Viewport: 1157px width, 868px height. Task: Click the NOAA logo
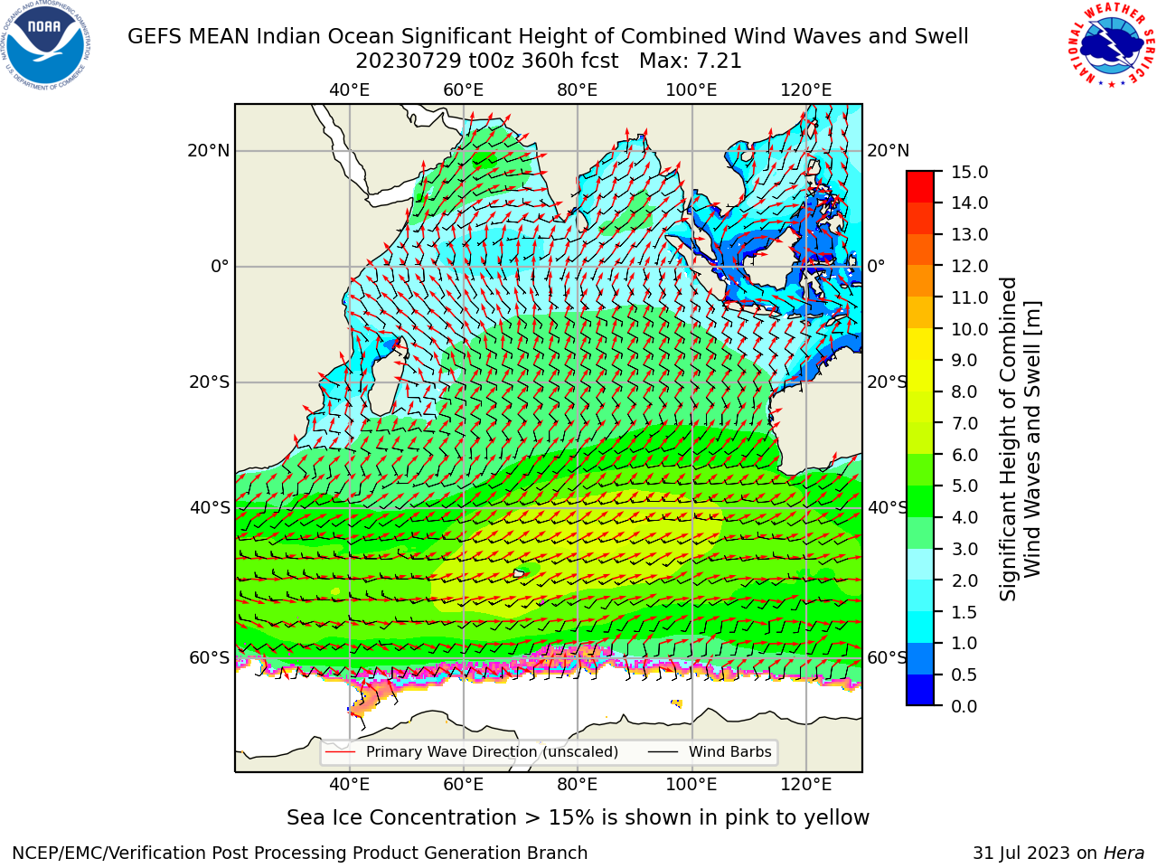coord(46,45)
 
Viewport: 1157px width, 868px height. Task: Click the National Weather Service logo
coord(1112,45)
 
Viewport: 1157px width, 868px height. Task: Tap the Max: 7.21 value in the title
coord(690,61)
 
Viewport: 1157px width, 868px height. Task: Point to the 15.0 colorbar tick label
coord(969,172)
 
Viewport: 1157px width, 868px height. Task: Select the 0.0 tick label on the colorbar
coord(964,705)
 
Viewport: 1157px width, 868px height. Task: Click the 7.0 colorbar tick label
coord(964,423)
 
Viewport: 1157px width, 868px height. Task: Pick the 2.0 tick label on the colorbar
coord(964,580)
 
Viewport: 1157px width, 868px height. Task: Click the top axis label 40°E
coord(349,90)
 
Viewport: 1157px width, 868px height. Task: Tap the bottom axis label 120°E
coord(805,784)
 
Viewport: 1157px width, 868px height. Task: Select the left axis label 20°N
coord(209,151)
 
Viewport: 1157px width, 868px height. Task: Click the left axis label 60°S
coord(210,657)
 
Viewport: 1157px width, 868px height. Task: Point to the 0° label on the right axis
coord(876,266)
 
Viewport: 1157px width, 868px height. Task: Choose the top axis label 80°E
coord(578,90)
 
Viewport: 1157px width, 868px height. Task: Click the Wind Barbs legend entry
coord(710,751)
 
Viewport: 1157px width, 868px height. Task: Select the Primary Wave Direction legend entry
coord(472,751)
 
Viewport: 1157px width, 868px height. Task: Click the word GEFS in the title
coord(155,37)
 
